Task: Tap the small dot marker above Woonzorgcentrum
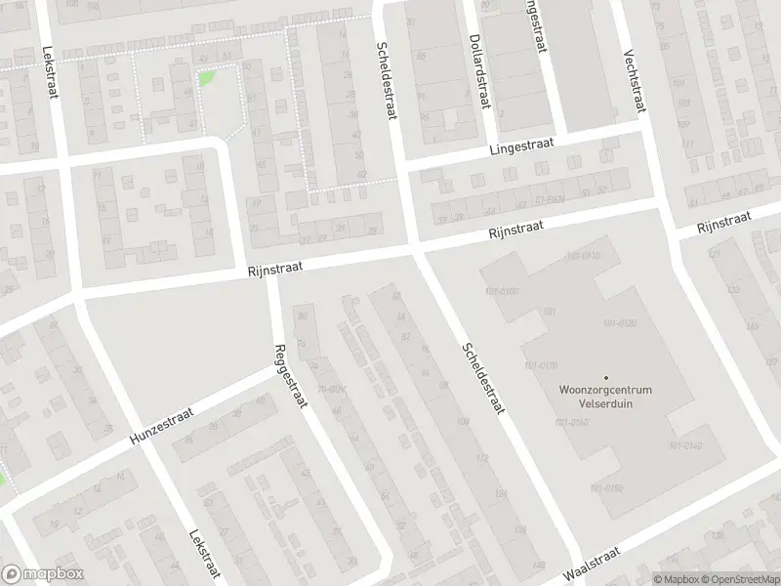[605, 377]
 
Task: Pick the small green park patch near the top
[205, 78]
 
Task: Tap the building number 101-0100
[501, 292]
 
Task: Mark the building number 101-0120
[619, 323]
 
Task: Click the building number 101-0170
[542, 365]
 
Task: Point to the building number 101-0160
[571, 422]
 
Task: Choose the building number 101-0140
[685, 445]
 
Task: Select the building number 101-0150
[606, 487]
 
